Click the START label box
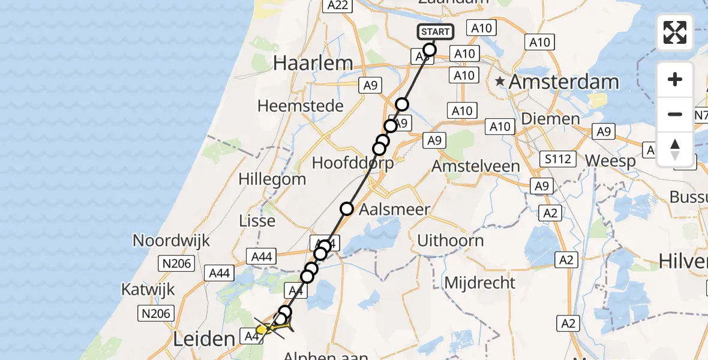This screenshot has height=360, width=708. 434,32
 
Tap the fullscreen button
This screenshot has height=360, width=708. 675,32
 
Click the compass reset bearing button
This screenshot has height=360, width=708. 675,149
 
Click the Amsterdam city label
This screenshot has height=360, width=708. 563,82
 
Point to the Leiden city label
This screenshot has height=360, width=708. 203,340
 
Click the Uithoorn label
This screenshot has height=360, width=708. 450,241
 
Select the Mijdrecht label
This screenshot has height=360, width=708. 479,282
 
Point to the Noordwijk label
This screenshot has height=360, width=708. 172,241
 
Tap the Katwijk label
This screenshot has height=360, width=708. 148,289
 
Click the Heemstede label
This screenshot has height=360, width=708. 301,106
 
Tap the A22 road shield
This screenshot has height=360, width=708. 336,5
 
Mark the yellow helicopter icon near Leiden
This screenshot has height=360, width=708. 263,329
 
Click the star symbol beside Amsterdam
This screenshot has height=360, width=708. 499,81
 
